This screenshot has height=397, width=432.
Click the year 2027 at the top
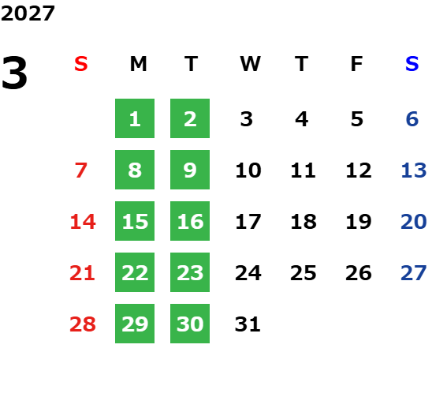(x=28, y=13)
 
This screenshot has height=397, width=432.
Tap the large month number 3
(x=14, y=73)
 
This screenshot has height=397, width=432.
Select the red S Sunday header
(x=81, y=64)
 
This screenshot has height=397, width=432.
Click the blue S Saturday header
(x=412, y=64)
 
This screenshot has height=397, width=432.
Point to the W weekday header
(x=250, y=64)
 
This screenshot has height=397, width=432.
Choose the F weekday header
(x=357, y=64)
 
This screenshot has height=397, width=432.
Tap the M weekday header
(x=138, y=64)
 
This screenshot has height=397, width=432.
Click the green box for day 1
(x=135, y=118)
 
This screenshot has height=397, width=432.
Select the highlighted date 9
(x=190, y=170)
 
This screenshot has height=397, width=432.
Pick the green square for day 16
(x=190, y=221)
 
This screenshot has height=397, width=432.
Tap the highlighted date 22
(x=135, y=272)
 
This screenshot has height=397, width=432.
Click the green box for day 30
(x=190, y=324)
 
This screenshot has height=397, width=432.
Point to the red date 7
(x=81, y=170)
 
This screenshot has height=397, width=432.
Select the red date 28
(x=83, y=324)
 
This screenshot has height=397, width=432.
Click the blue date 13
(x=414, y=170)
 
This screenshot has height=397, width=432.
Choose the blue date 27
(x=414, y=273)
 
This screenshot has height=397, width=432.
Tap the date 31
(x=248, y=324)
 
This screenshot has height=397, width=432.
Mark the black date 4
(x=302, y=119)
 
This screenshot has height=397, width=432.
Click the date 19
(x=359, y=222)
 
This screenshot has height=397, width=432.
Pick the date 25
(x=304, y=273)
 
